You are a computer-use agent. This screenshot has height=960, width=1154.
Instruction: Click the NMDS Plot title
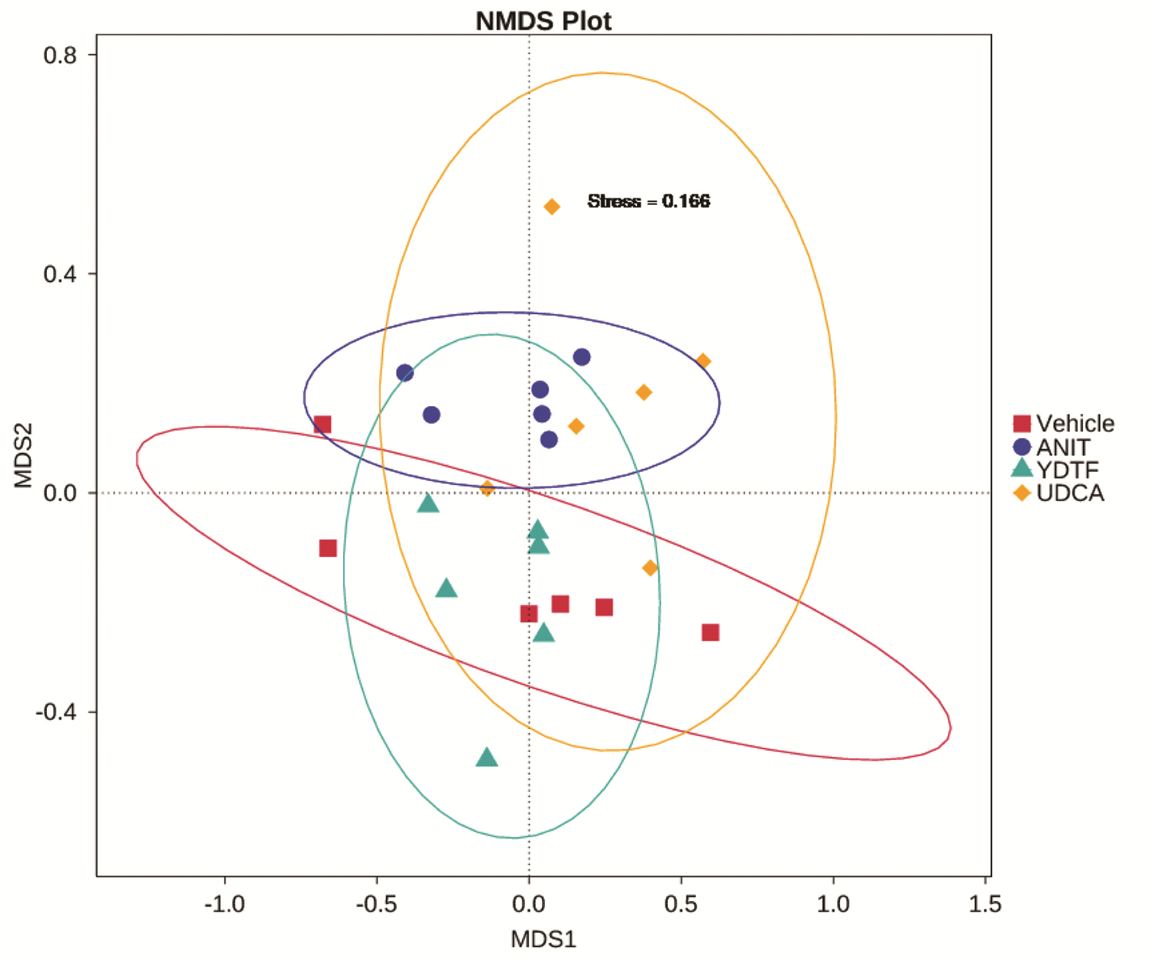543,21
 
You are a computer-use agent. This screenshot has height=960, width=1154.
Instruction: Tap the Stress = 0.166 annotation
648,201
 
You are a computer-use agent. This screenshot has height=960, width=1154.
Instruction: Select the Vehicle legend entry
1063,423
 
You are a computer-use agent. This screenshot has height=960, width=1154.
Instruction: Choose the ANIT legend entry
1052,447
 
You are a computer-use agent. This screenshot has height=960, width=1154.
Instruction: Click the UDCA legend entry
1058,492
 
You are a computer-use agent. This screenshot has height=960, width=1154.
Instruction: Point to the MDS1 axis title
543,939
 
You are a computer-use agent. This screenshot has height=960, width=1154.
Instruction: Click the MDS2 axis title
23,455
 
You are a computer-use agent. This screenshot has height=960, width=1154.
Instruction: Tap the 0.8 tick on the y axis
60,55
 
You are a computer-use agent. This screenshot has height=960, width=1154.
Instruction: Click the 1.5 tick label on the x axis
985,904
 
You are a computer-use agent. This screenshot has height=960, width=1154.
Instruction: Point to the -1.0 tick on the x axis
224,904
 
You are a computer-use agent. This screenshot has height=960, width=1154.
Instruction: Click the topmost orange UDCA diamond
552,207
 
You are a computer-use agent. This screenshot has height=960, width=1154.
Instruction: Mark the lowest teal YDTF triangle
487,758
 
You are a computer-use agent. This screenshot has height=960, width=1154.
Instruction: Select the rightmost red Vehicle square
711,632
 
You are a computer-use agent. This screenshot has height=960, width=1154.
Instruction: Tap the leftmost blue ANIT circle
405,373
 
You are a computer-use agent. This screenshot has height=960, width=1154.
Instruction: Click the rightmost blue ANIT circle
582,357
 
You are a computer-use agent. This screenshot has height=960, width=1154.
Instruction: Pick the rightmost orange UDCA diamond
703,361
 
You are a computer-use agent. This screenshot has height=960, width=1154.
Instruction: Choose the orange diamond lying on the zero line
487,488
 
